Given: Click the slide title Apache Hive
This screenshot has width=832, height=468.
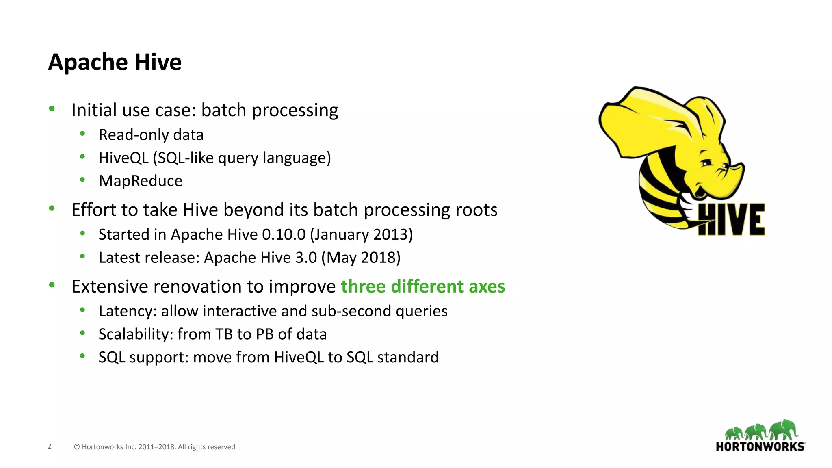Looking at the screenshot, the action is coord(115,62).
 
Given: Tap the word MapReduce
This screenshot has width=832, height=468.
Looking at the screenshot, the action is coord(141,181).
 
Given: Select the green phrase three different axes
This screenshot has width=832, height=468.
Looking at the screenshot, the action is coord(423,286).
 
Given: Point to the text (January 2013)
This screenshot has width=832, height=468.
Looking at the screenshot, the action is coord(361,234).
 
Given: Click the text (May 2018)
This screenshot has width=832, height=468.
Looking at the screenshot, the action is coord(361,258).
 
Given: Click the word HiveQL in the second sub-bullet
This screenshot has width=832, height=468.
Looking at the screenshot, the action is coord(123,158).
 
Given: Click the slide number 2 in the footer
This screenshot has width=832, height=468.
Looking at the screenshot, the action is coord(50,446).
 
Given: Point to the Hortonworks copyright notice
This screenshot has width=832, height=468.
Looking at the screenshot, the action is coord(154,447).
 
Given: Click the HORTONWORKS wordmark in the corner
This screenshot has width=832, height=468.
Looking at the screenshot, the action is coord(760,447).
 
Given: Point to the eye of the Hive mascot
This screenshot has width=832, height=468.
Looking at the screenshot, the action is coord(707,162).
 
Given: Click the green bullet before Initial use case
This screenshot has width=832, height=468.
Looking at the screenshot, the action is coord(52,108).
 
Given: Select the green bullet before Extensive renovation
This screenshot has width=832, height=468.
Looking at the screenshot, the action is coord(52,285).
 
